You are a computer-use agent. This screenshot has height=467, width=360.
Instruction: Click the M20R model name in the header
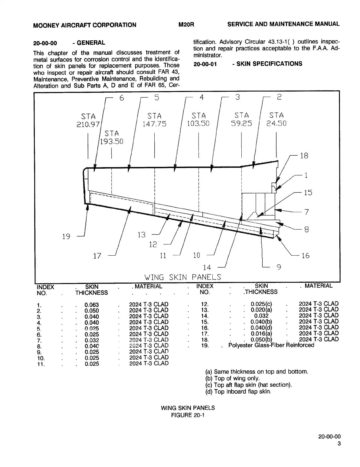tap(186, 24)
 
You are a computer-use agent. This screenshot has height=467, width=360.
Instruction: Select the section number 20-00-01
tap(205, 64)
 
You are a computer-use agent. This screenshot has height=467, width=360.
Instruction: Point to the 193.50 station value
tap(112, 142)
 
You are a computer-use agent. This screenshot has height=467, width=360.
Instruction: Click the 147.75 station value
tap(154, 124)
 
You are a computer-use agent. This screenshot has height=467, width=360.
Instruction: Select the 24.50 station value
tap(276, 123)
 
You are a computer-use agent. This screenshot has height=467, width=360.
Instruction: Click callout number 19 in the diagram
tap(66, 236)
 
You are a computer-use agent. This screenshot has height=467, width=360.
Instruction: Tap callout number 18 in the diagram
tap(304, 156)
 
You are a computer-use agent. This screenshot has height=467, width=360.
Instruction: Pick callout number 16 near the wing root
tap(305, 256)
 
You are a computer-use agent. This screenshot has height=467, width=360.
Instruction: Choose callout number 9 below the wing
tap(278, 267)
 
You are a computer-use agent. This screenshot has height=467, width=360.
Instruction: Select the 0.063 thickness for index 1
tap(91, 305)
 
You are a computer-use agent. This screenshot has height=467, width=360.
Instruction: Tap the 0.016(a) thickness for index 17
tap(261, 333)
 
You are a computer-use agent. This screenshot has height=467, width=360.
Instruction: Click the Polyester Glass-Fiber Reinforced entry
tap(271, 345)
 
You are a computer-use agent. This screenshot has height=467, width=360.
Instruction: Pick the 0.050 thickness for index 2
tap(91, 311)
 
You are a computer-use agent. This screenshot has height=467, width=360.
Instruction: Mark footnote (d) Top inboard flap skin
tap(238, 392)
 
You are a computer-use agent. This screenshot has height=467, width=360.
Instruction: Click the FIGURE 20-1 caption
tap(188, 415)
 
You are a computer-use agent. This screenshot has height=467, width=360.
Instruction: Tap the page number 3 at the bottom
tap(339, 444)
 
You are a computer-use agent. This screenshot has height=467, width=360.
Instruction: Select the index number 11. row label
tap(41, 364)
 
